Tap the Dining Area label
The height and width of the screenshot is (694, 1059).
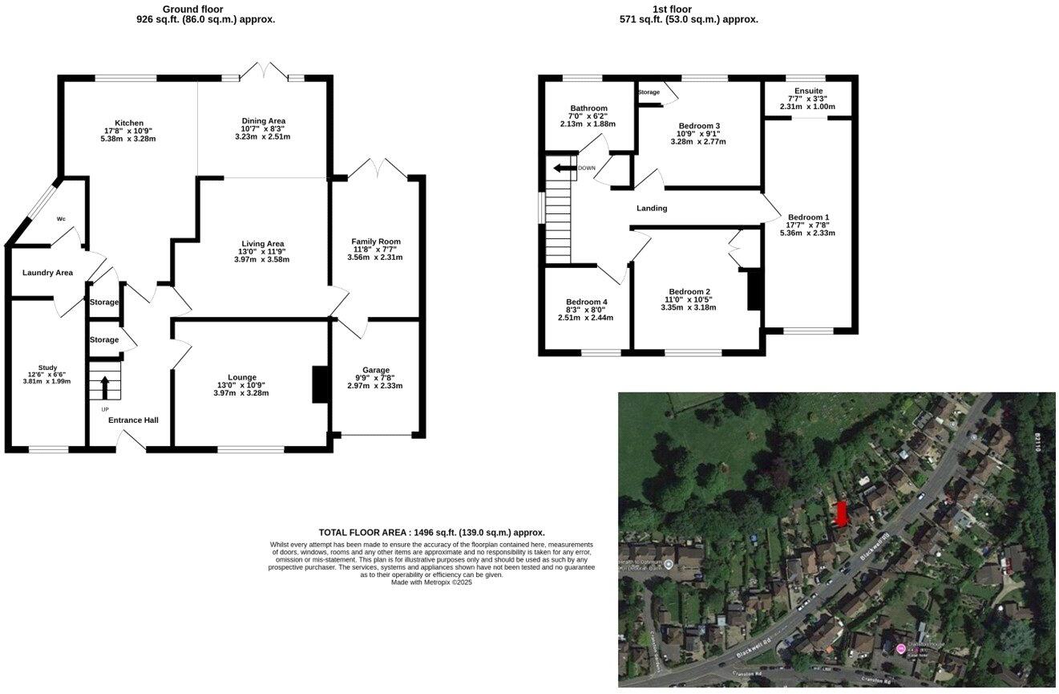click(x=263, y=121)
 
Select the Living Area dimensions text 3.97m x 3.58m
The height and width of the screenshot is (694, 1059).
click(x=262, y=259)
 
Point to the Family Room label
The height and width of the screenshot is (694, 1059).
click(x=375, y=241)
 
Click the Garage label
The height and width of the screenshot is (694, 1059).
click(x=375, y=370)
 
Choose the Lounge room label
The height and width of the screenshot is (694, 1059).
click(x=242, y=377)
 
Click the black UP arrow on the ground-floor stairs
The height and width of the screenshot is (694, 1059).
click(x=104, y=388)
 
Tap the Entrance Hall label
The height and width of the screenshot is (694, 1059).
click(x=134, y=420)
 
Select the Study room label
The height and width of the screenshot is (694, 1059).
click(x=47, y=367)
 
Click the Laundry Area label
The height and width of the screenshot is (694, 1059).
click(x=47, y=273)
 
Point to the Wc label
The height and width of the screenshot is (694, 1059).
click(x=61, y=219)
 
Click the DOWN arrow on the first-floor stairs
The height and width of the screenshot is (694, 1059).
click(x=564, y=168)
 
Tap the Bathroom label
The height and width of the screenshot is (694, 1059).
click(x=588, y=108)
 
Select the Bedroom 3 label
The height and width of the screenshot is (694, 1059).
click(x=699, y=126)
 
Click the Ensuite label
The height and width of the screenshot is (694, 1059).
click(x=808, y=91)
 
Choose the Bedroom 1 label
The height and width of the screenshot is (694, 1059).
click(x=808, y=217)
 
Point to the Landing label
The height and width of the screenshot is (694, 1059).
click(x=652, y=209)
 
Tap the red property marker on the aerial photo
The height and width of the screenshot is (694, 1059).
click(x=841, y=513)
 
